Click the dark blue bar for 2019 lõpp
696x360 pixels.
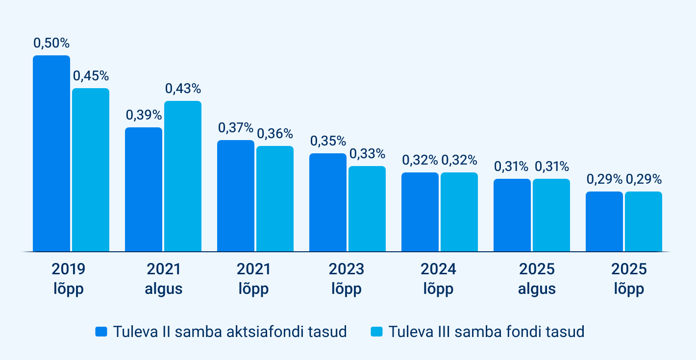tap(51, 153)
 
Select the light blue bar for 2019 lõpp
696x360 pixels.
tap(91, 170)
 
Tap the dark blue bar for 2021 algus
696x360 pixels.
tap(144, 190)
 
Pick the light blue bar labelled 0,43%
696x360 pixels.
tap(183, 176)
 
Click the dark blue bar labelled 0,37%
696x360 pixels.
tap(236, 196)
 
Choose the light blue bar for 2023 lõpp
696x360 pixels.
tap(367, 209)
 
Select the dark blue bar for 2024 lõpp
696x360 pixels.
tap(420, 212)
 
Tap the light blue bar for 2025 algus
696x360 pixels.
tap(551, 215)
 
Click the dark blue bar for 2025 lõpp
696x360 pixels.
tap(604, 221)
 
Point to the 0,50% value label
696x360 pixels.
tap(51, 43)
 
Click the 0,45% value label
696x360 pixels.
tap(91, 76)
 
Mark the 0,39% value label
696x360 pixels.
tap(144, 115)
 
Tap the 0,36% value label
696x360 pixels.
tap(275, 134)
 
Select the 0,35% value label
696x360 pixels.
tap(328, 141)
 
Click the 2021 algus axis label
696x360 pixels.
tap(163, 279)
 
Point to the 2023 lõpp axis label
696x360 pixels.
tap(347, 279)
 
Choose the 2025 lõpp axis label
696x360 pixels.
tap(629, 279)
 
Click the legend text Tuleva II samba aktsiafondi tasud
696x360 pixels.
tap(230, 332)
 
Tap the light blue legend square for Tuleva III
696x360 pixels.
tap(376, 332)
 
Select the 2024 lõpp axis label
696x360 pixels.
tap(439, 279)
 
